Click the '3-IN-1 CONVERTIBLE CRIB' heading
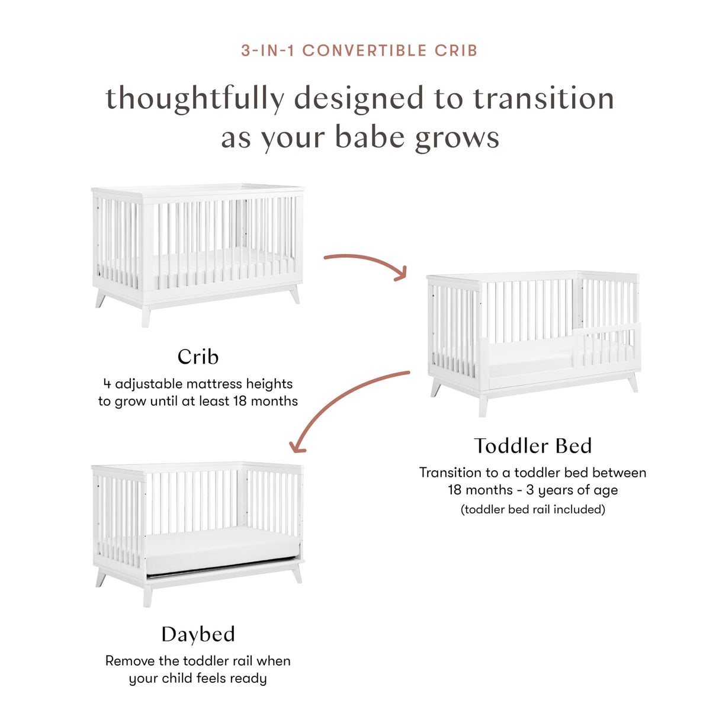(359, 51)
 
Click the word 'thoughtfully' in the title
(195, 99)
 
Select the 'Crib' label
(198, 357)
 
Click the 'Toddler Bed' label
(532, 445)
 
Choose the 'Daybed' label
(198, 634)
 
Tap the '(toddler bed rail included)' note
(532, 509)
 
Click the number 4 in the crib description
(107, 384)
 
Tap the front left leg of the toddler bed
(483, 405)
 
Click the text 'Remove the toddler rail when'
(198, 661)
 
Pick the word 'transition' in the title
(543, 99)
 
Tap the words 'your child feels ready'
(198, 678)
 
